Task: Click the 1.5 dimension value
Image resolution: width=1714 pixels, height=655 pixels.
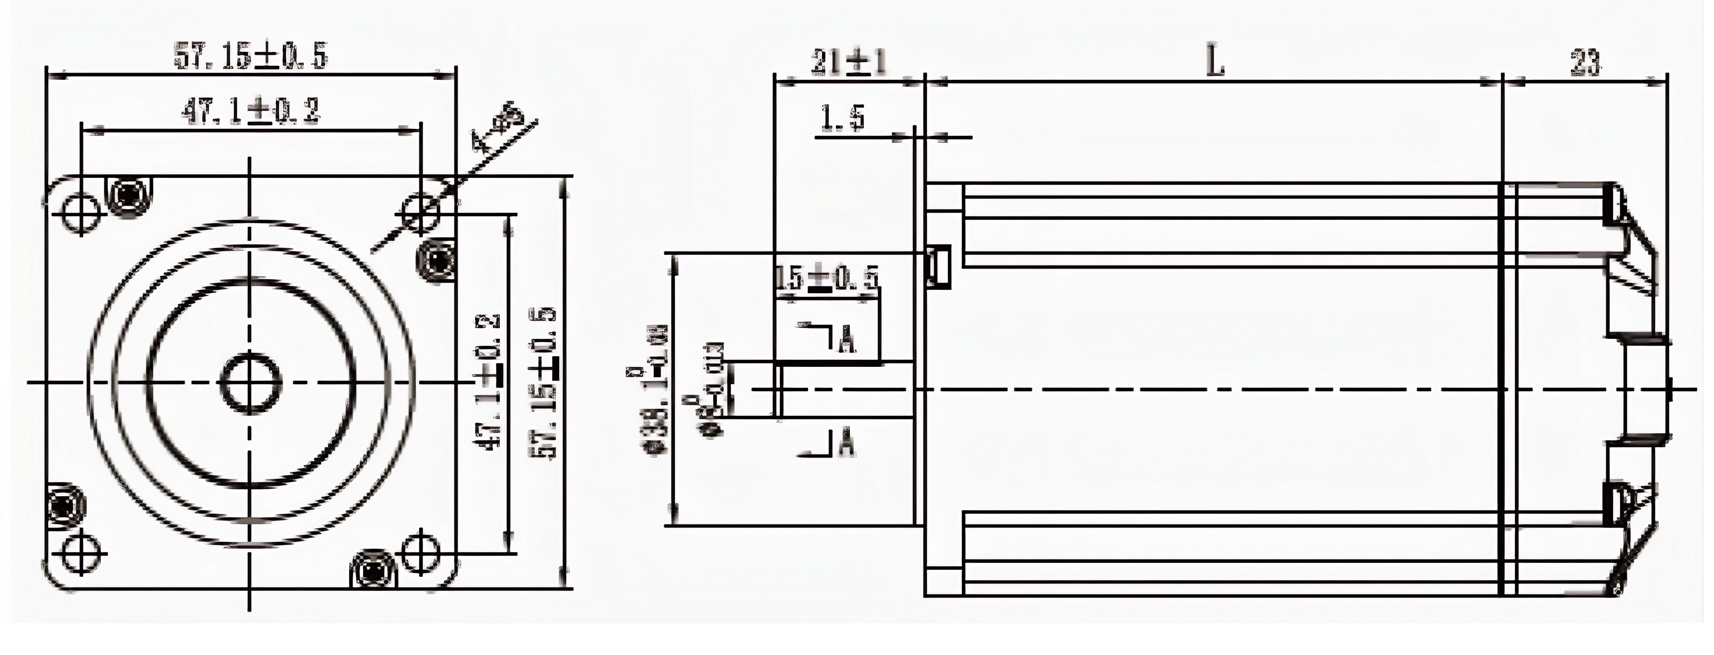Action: pyautogui.click(x=842, y=119)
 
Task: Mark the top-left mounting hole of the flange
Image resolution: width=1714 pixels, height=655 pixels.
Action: pyautogui.click(x=81, y=213)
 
